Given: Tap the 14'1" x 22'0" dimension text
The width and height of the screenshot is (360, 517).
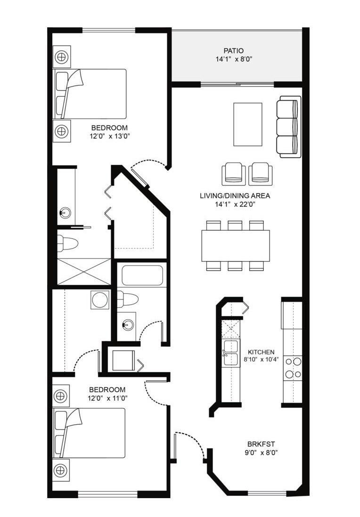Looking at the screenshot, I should point(235,204).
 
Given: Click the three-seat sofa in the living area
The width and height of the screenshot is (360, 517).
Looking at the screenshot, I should point(288,127).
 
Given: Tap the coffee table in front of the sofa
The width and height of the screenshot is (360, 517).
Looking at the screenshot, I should point(247,125).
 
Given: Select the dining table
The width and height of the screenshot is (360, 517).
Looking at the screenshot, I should point(235,245).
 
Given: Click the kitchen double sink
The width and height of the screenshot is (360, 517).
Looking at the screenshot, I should point(231,353).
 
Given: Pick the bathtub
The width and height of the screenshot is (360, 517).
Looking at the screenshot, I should point(142,275).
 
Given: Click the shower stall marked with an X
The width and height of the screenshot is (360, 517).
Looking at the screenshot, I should point(84,272).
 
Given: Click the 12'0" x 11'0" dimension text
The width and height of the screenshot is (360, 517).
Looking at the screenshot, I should point(107,398).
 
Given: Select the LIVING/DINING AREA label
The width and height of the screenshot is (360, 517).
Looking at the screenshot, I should point(235,196).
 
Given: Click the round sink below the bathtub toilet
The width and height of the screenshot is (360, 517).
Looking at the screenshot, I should point(126,324).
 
